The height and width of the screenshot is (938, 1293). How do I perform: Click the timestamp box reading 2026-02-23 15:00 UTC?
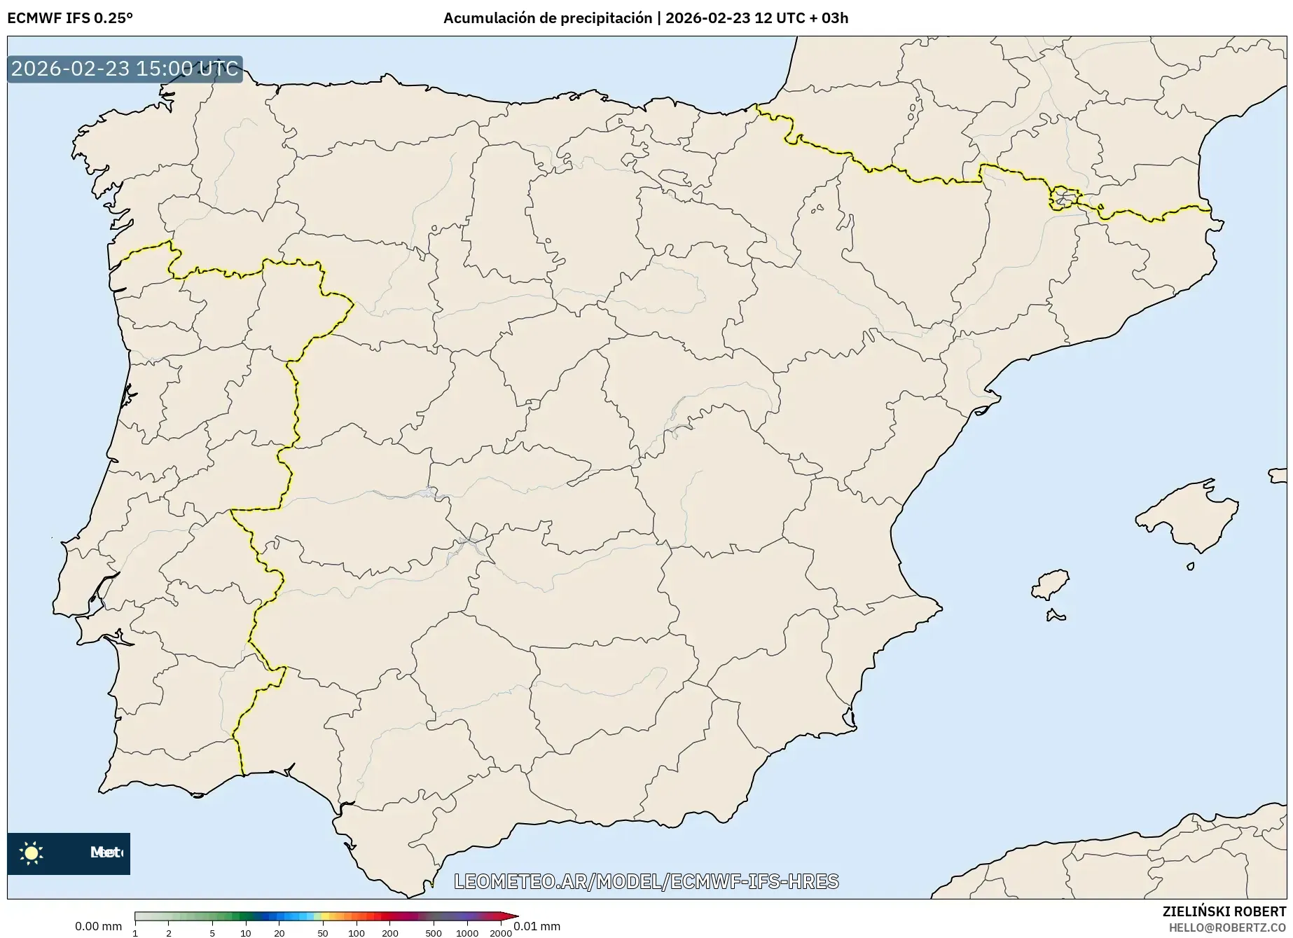click(125, 69)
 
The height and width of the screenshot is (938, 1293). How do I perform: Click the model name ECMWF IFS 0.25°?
click(70, 18)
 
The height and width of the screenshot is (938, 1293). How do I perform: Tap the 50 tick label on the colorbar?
click(322, 933)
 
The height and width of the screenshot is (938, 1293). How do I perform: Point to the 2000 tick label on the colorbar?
click(500, 933)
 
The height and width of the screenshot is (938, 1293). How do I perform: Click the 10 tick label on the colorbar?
click(245, 933)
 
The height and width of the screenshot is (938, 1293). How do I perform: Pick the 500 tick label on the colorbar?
click(433, 933)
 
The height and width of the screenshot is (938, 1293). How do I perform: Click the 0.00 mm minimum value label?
click(98, 926)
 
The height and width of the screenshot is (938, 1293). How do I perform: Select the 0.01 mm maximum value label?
click(537, 926)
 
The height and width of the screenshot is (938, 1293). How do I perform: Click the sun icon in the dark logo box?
click(32, 853)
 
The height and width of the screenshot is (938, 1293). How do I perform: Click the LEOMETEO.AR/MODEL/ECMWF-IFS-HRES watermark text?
click(646, 881)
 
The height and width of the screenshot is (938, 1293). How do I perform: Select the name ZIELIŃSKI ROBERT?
click(1224, 911)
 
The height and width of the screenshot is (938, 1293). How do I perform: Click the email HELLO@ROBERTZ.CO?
click(1227, 927)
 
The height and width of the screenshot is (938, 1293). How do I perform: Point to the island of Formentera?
click(1056, 616)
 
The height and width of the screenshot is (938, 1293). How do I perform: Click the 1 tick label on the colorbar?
click(135, 933)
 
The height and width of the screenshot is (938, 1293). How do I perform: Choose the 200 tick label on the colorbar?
click(390, 933)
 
